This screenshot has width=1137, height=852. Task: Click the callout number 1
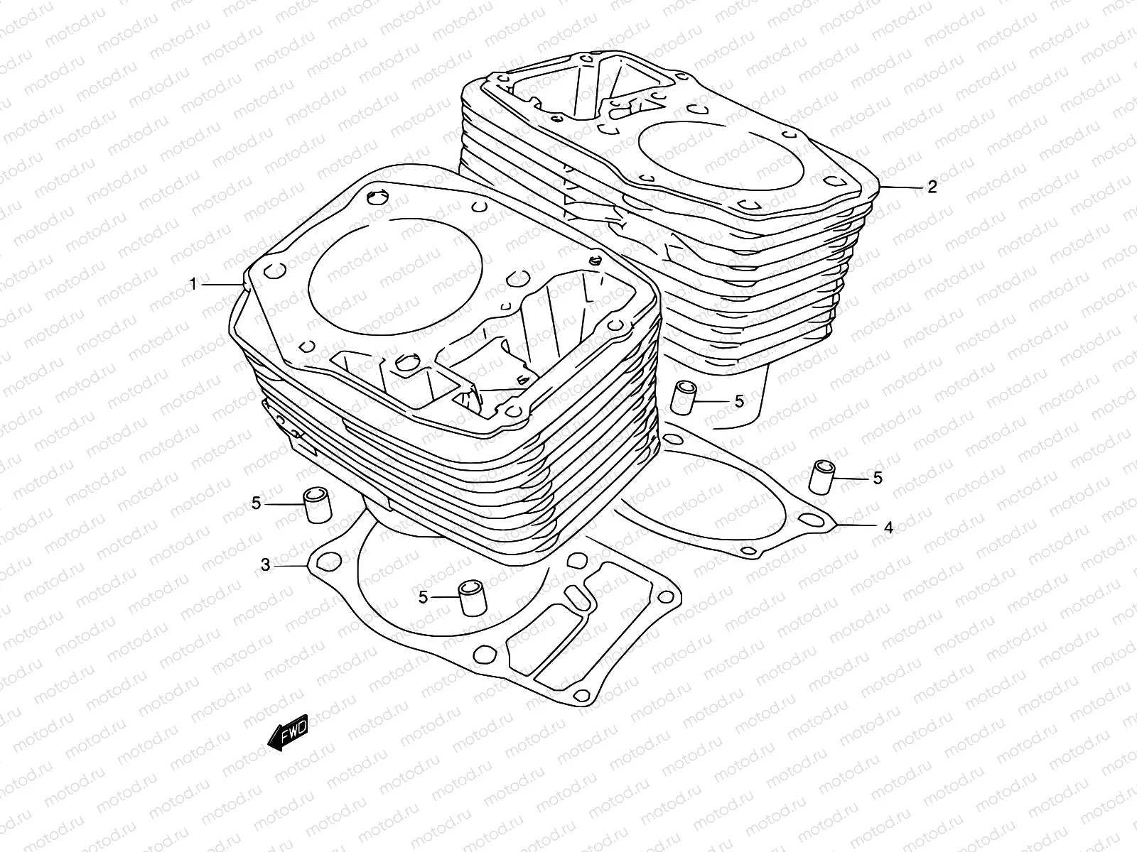[193, 284]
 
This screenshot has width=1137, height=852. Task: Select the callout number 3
[265, 565]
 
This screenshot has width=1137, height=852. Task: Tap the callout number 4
[888, 528]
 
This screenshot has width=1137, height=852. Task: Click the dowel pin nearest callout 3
[318, 506]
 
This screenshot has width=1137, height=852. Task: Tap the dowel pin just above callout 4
[823, 476]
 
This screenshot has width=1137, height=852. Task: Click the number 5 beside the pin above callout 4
[878, 478]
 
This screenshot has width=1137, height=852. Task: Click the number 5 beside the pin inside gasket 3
[424, 598]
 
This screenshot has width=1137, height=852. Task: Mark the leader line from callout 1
[222, 284]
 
